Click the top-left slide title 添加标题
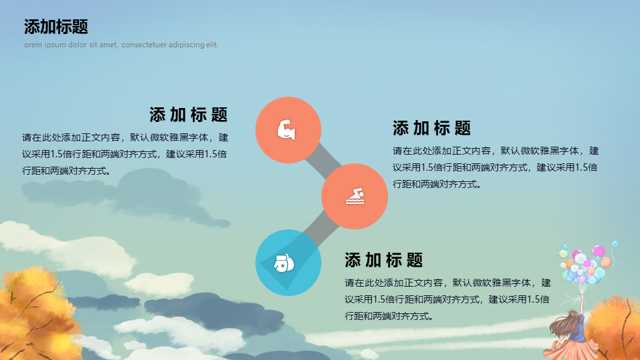[x=56, y=27]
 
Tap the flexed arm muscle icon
[x=286, y=130]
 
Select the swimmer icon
[x=355, y=196]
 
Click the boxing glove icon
[x=284, y=263]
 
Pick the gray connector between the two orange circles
[x=323, y=161]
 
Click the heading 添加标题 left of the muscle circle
[x=188, y=115]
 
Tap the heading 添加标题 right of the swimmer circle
[x=432, y=128]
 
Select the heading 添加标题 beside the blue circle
[x=384, y=260]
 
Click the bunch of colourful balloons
[x=587, y=263]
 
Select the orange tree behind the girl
[x=614, y=329]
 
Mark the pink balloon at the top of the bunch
[x=599, y=251]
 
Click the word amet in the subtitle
[x=108, y=45]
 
